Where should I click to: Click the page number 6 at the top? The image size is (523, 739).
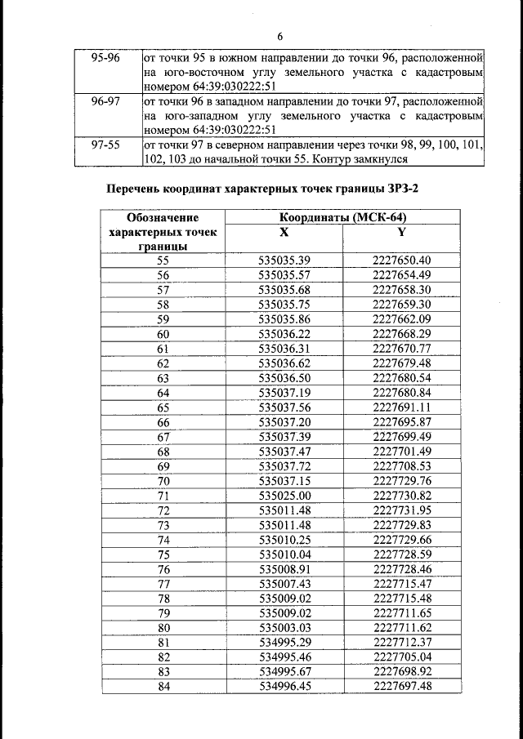click(x=279, y=38)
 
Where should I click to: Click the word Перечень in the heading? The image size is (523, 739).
click(x=141, y=190)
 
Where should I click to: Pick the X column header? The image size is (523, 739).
click(x=284, y=232)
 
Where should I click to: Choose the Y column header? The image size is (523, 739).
click(x=401, y=232)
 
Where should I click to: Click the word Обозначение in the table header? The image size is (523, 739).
click(x=163, y=218)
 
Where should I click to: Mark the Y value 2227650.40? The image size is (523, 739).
click(x=401, y=260)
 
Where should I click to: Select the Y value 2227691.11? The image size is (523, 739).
click(x=401, y=407)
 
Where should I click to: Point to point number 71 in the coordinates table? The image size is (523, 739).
click(x=163, y=496)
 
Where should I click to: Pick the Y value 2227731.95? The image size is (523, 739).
click(x=401, y=510)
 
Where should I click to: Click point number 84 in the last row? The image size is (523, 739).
click(x=163, y=687)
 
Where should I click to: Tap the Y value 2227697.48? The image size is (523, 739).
click(x=401, y=687)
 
